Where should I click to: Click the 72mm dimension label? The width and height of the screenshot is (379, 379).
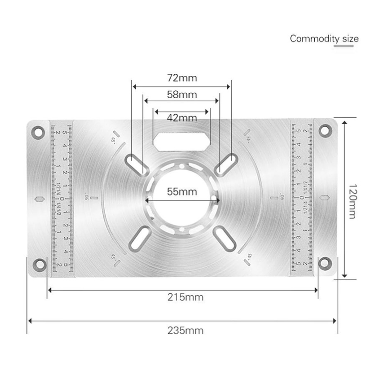point(182,78)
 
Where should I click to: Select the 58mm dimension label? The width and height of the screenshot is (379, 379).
point(182,94)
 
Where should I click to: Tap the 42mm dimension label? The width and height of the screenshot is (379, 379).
point(182,118)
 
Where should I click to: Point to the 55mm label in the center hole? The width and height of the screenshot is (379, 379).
point(182,191)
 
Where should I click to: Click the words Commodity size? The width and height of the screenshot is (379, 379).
point(324,38)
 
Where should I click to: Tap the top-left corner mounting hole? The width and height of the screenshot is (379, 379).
point(37,132)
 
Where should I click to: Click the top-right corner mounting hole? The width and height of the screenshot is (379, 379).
point(325,132)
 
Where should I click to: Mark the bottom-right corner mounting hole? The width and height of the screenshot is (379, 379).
point(325,263)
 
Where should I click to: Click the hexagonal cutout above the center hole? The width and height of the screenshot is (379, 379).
point(182,141)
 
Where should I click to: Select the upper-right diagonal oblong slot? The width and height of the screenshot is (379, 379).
point(226,163)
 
